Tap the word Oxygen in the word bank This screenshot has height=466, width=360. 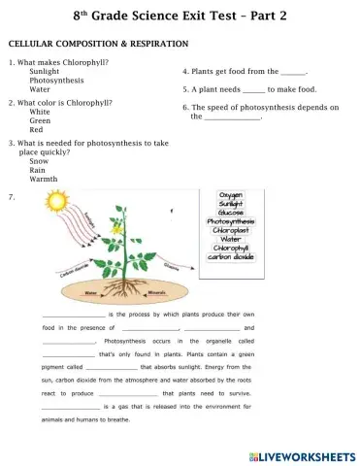coord(231,195)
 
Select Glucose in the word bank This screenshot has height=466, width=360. coord(231,213)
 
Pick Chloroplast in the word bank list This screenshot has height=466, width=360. coord(231,230)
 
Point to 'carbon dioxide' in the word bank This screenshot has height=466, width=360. coord(231,256)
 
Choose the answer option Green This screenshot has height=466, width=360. coord(40,120)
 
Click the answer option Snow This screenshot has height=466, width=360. coord(40,161)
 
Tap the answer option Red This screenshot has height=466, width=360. coord(36,129)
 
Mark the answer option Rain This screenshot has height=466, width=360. coord(39,170)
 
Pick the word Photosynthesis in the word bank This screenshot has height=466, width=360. coord(231,221)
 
